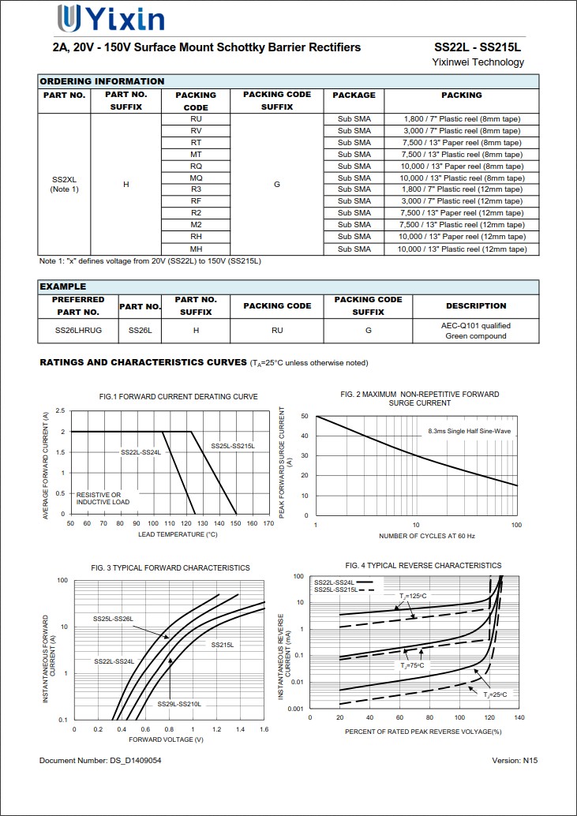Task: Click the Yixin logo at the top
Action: coord(111,17)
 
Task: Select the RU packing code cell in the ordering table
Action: coord(196,119)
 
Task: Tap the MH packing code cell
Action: coord(196,249)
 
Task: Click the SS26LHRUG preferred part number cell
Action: coord(78,331)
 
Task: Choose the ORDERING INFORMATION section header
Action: coord(102,81)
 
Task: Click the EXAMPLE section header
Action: coord(63,286)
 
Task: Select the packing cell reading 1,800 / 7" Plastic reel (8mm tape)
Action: coord(462,119)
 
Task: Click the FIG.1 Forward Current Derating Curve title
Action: coord(178,396)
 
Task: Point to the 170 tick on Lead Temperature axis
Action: coord(268,523)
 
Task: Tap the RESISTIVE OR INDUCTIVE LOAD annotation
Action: coord(103,498)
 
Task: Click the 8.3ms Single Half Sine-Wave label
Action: coord(470,432)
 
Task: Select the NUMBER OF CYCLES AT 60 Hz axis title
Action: coord(416,536)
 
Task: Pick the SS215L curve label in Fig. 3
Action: coord(222,645)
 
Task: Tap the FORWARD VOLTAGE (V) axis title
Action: coord(166,739)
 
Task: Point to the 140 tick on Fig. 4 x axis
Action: coord(519,718)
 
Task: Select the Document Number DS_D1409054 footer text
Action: coord(100,761)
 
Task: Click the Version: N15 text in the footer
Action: coord(514,761)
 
